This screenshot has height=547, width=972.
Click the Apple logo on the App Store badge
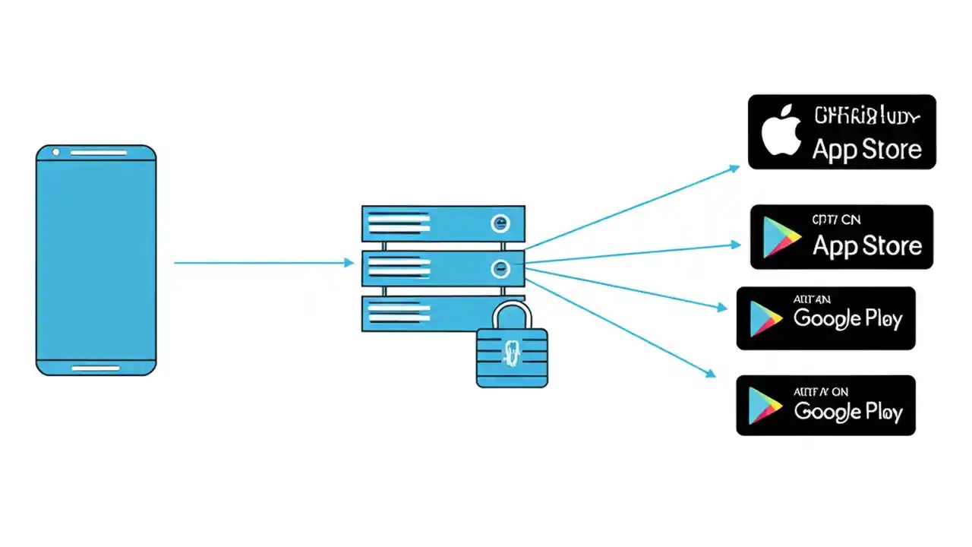click(x=782, y=131)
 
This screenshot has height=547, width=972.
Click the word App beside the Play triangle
click(x=835, y=246)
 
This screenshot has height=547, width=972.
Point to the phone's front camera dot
click(x=55, y=153)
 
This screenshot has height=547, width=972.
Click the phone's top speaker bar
click(x=99, y=153)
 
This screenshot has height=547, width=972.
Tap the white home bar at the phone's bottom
click(x=96, y=368)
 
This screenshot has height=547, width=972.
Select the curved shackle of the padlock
click(x=512, y=312)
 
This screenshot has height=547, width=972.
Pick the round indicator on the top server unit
click(x=500, y=223)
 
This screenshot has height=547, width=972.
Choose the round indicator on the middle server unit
click(x=500, y=267)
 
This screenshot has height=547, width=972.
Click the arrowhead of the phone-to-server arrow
click(x=349, y=263)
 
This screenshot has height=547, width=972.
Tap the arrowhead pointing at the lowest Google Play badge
click(x=711, y=373)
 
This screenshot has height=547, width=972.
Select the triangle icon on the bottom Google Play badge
click(x=764, y=406)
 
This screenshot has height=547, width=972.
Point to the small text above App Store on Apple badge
click(x=866, y=117)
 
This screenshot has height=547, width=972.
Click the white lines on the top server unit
click(x=398, y=223)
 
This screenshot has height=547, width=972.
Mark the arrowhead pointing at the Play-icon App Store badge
click(x=736, y=245)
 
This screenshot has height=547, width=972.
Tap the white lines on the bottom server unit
click(x=398, y=311)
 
